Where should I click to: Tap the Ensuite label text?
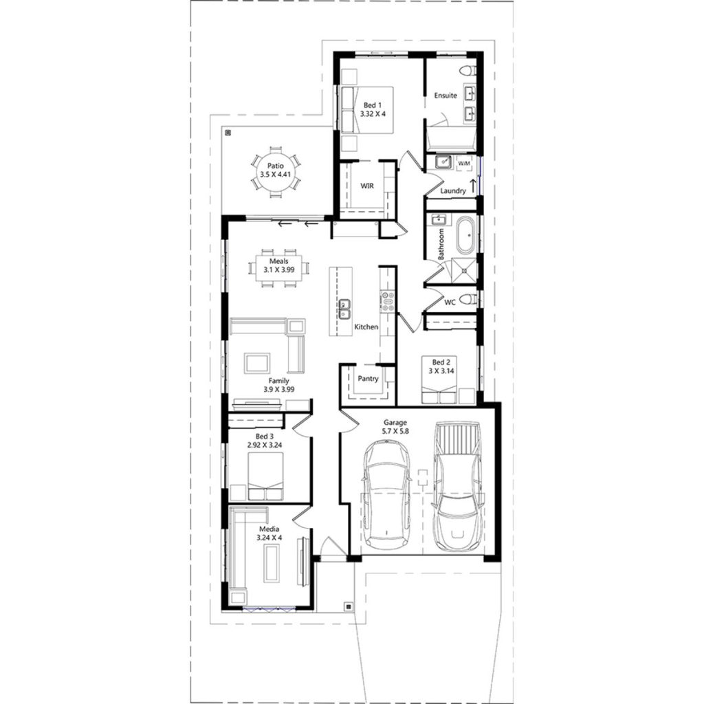coord(445,96)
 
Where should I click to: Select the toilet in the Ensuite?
coord(470,69)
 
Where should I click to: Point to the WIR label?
coord(367,186)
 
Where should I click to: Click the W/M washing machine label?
coord(464,163)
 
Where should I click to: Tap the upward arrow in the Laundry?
coord(472,187)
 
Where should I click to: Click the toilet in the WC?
coord(468,299)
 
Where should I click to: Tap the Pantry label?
coord(368,379)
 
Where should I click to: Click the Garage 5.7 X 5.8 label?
coord(395,427)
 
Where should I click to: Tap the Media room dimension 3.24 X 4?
coord(269,537)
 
